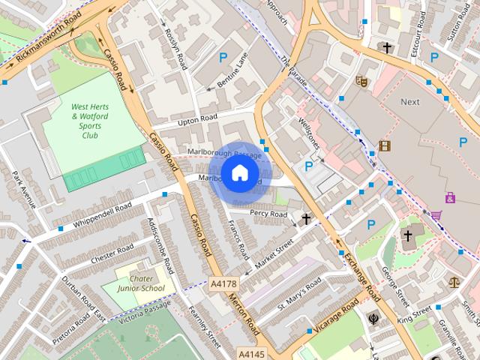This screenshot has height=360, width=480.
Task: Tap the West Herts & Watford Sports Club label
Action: [x=88, y=117]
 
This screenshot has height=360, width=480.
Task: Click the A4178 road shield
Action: [x=223, y=284]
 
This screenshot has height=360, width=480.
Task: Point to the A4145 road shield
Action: [x=252, y=352]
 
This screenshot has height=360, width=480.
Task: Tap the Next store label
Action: [x=410, y=101]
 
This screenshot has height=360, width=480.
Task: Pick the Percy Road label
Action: [x=268, y=214]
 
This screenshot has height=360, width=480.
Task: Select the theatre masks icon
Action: [x=361, y=80]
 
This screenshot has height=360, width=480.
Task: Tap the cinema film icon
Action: [x=384, y=145]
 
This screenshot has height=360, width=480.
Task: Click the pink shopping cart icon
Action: [x=436, y=215]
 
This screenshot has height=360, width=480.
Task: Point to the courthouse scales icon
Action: [x=454, y=282]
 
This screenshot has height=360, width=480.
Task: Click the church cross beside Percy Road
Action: [x=306, y=219]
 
